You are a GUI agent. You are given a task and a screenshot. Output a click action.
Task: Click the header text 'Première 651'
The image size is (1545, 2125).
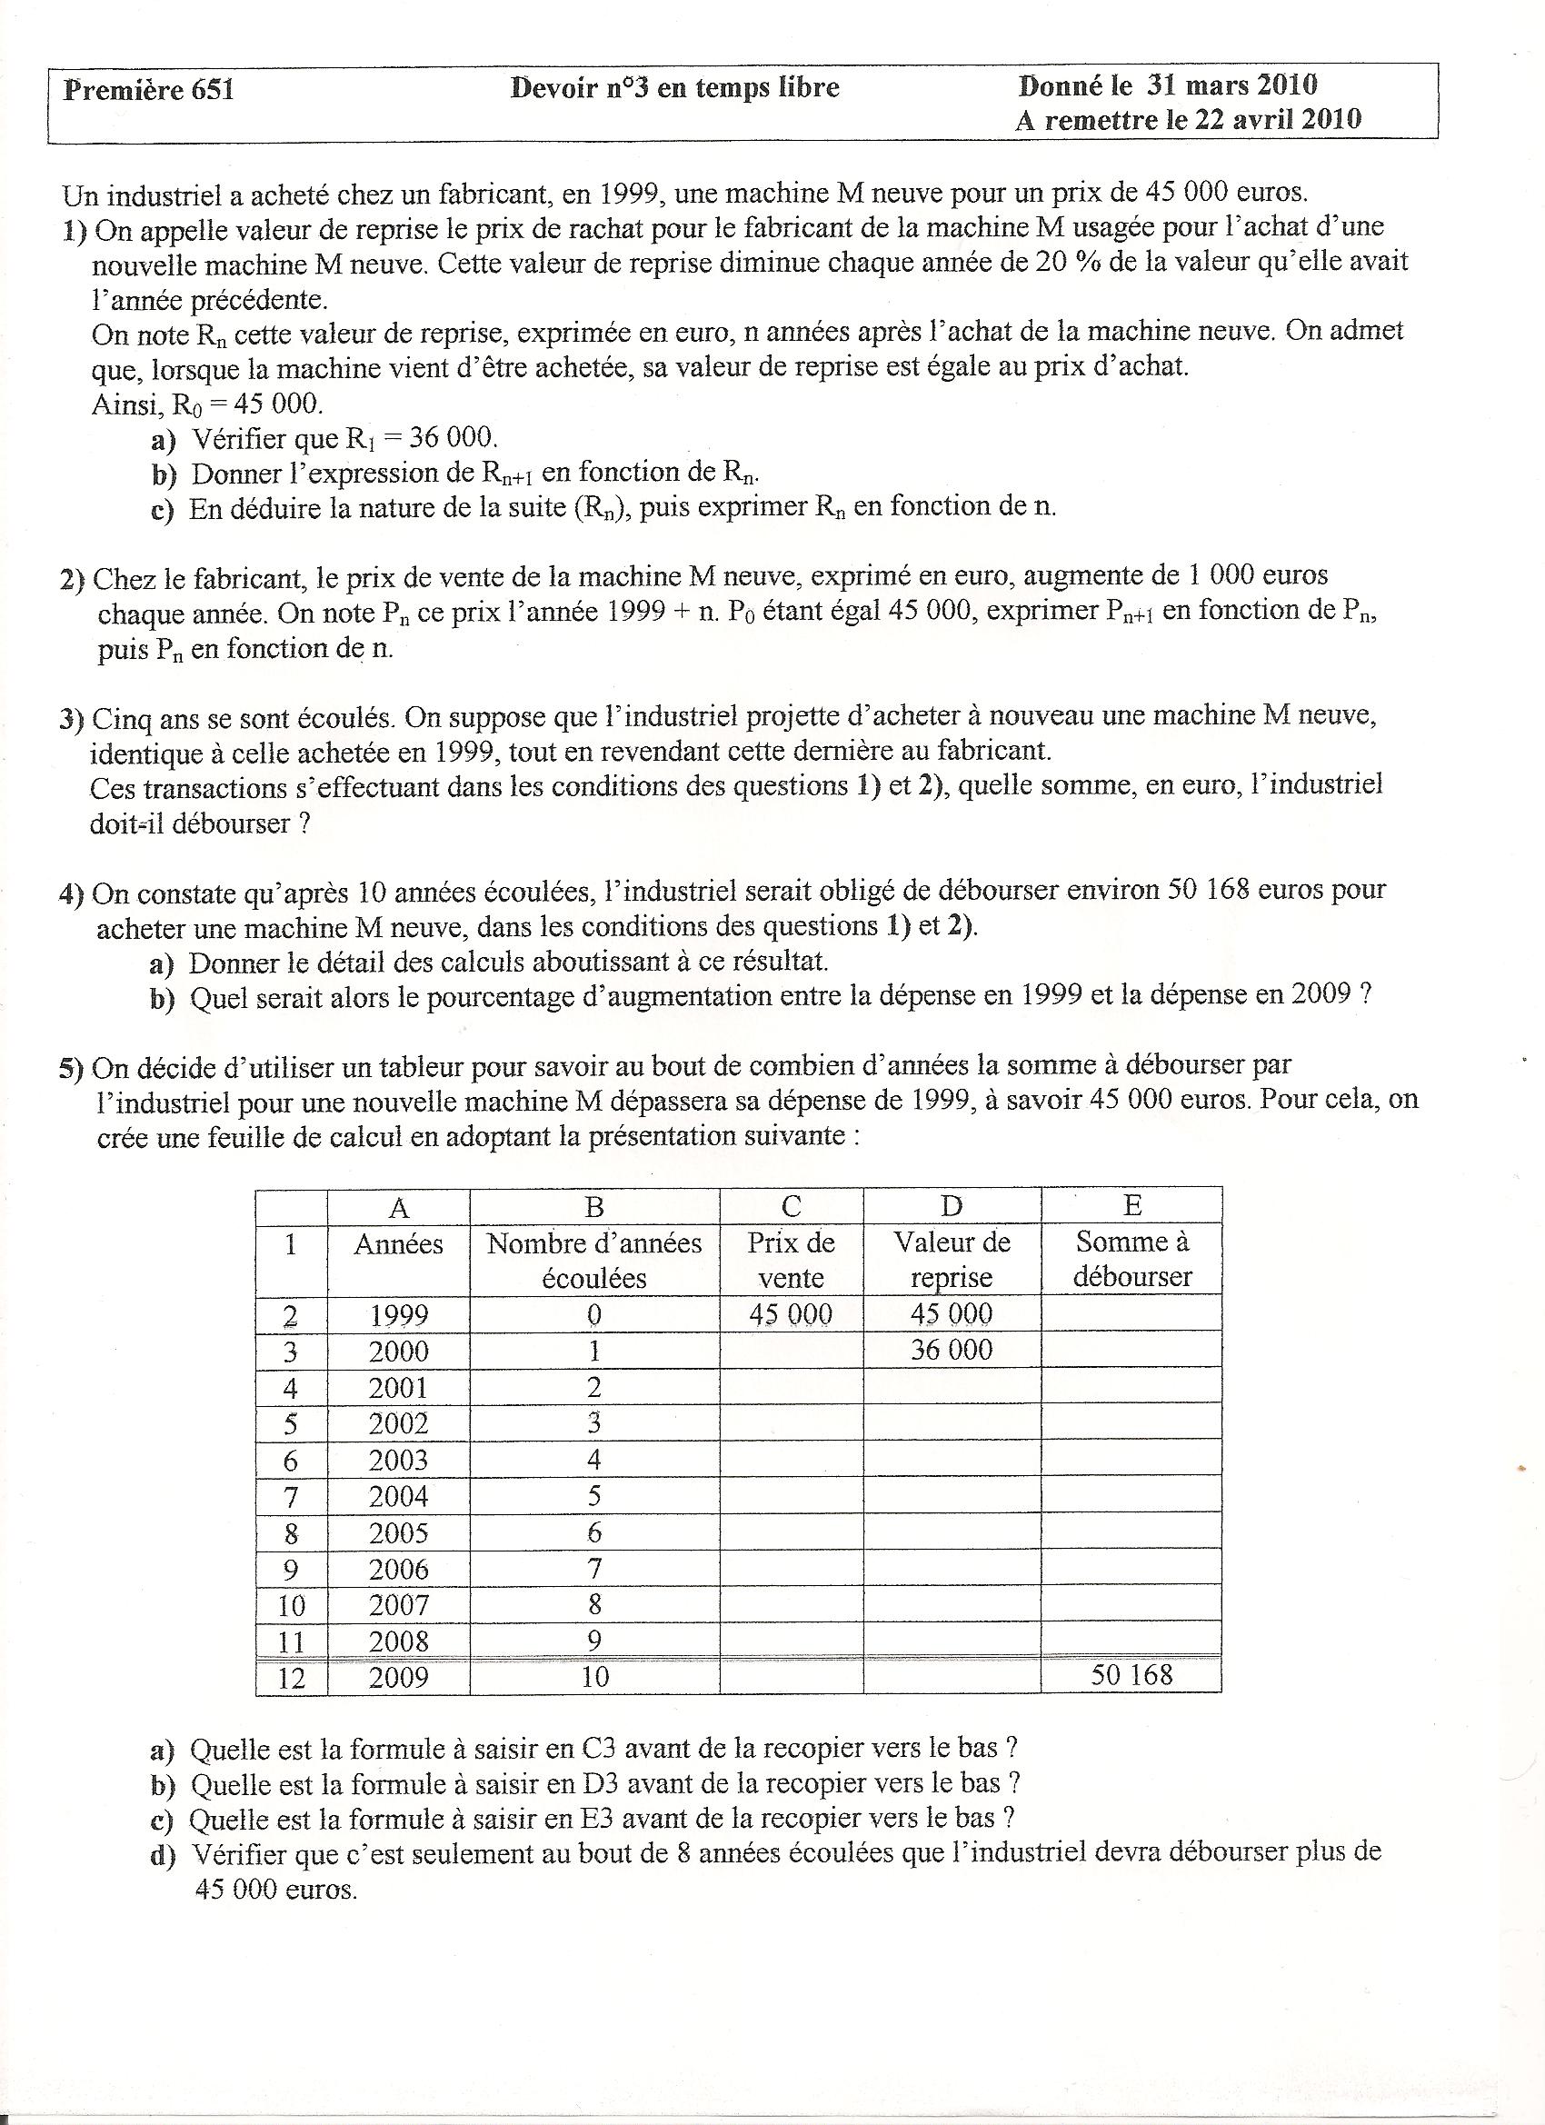(x=148, y=90)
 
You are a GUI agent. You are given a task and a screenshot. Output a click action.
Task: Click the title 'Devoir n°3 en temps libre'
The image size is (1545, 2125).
(x=674, y=88)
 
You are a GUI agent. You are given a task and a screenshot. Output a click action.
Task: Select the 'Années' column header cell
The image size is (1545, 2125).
(x=398, y=1244)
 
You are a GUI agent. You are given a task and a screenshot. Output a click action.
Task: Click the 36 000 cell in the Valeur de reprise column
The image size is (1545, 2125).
(x=951, y=1350)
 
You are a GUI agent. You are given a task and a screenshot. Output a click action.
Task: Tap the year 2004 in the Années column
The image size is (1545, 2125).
(x=398, y=1496)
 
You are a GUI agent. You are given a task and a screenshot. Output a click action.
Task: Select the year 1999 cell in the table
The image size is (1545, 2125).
(x=398, y=1315)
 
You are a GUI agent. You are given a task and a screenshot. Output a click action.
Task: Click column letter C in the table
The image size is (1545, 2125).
(x=791, y=1207)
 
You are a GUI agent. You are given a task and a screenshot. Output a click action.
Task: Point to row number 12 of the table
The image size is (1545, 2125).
(x=292, y=1677)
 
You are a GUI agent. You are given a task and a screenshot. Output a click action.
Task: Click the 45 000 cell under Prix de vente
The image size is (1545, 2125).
(x=791, y=1314)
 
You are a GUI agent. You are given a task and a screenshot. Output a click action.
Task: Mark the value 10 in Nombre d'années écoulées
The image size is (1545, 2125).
(x=595, y=1676)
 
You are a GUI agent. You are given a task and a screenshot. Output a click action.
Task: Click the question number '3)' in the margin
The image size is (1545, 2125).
(x=72, y=719)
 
